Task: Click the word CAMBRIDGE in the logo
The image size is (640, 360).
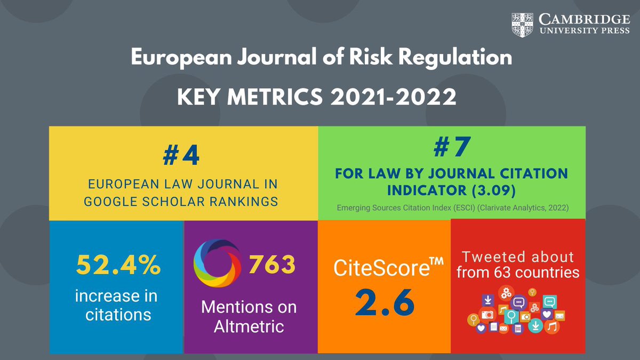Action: click(582, 19)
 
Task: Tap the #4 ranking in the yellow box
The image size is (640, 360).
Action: click(183, 155)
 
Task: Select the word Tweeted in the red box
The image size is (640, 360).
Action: click(491, 257)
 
